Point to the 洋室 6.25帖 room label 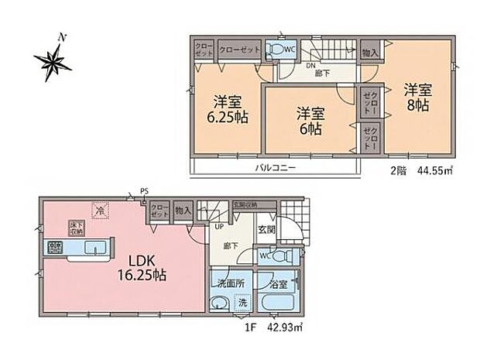pyautogui.click(x=226, y=108)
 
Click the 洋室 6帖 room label pyautogui.click(x=310, y=122)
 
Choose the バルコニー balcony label pyautogui.click(x=273, y=168)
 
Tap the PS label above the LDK pyautogui.click(x=144, y=191)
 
